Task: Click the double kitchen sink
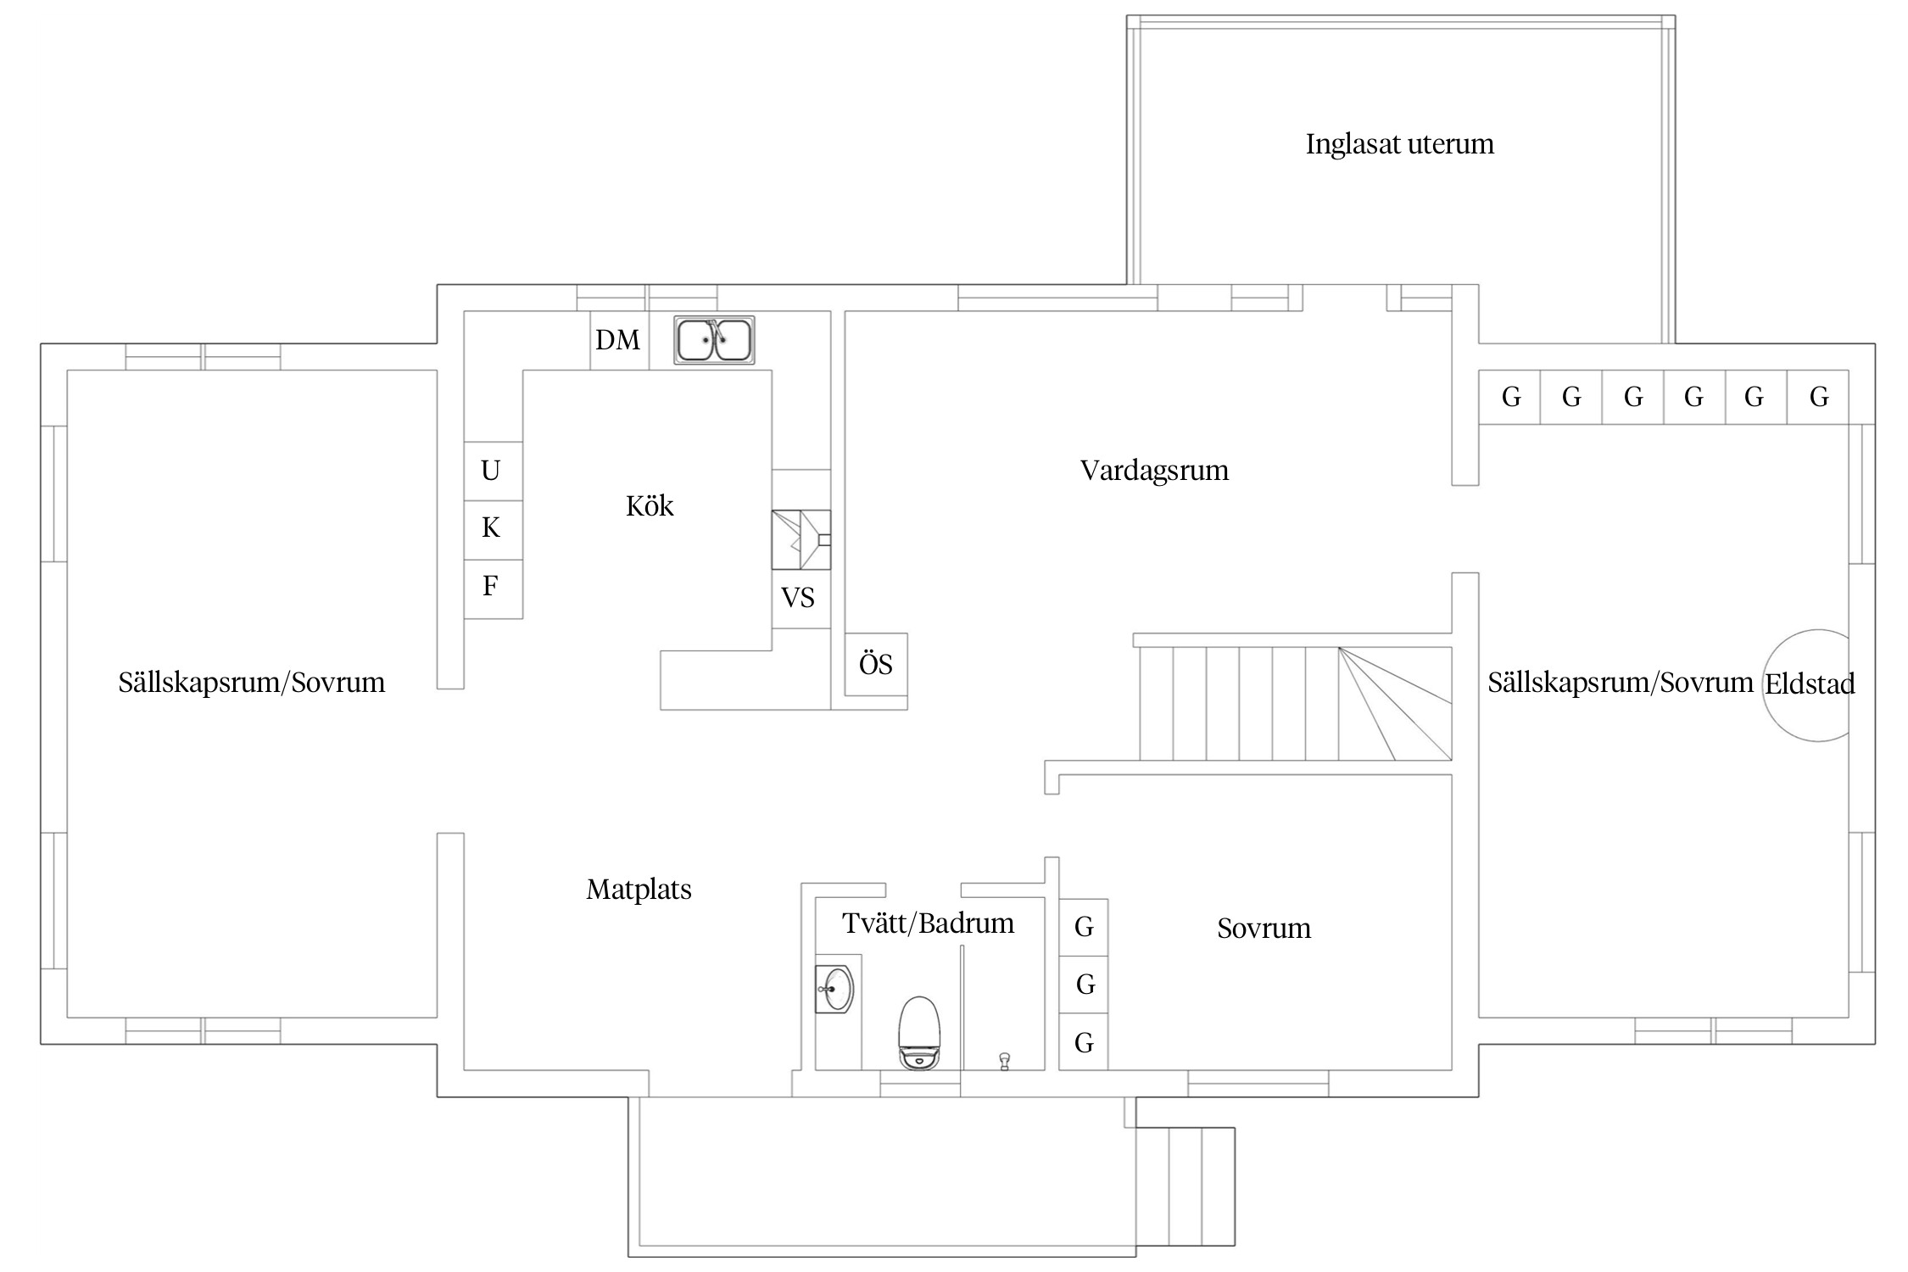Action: point(714,340)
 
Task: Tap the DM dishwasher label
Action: point(617,341)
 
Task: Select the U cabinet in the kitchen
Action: point(493,471)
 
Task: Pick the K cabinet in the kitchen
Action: point(493,529)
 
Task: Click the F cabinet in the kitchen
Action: point(493,588)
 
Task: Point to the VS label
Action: point(798,599)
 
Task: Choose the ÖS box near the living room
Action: point(876,664)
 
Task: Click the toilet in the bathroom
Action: point(919,1033)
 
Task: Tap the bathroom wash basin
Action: point(834,989)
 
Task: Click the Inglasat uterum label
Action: point(1399,144)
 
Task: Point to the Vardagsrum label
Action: point(1154,471)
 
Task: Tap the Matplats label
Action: point(639,890)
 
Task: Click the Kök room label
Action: point(650,506)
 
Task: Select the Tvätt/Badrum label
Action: point(929,923)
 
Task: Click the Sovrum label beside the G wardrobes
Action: point(1264,929)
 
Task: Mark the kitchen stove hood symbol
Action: point(801,539)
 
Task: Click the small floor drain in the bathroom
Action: point(1005,1061)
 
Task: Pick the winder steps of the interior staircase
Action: point(1395,703)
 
